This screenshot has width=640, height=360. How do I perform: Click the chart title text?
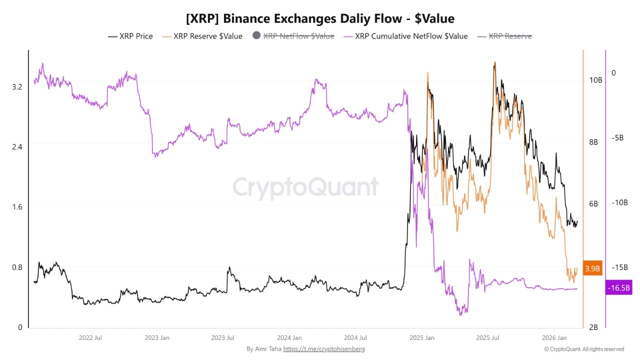[x=320, y=18]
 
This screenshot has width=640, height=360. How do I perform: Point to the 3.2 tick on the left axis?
[x=17, y=86]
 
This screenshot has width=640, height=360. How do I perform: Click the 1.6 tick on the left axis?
[x=17, y=207]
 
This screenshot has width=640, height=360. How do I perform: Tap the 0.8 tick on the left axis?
[x=17, y=267]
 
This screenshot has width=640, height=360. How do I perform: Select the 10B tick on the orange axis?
[x=595, y=80]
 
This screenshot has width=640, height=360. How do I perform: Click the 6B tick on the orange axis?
[x=593, y=203]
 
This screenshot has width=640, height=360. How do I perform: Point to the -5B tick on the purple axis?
[x=617, y=138]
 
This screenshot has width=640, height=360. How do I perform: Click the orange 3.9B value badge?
[x=592, y=268]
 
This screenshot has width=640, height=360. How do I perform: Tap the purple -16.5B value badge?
[x=619, y=288]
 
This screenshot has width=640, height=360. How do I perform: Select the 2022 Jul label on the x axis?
[x=90, y=338]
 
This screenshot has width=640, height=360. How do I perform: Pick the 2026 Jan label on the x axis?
[x=554, y=338]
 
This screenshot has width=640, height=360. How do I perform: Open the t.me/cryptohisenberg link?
[x=324, y=349]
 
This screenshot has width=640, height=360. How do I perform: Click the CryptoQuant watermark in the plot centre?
[x=305, y=187]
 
